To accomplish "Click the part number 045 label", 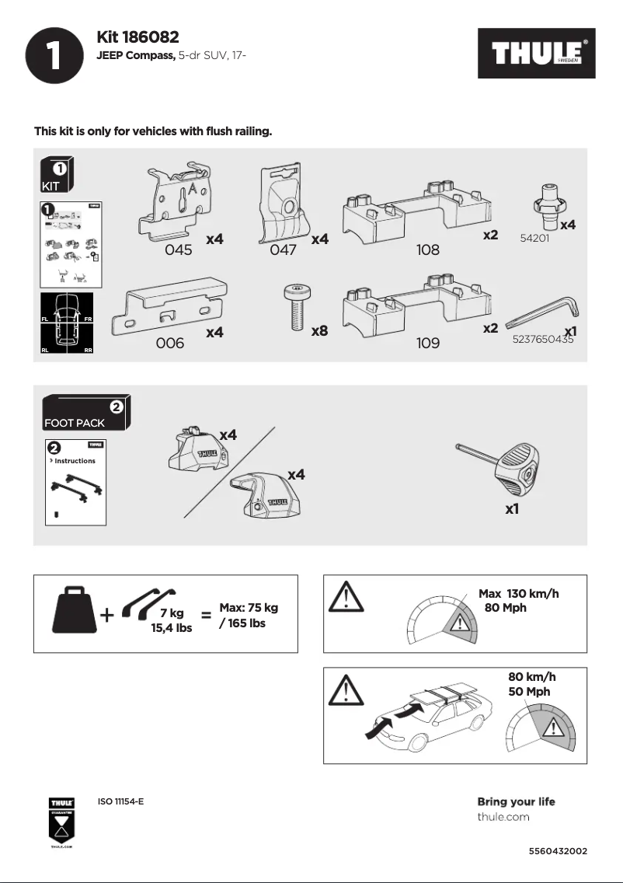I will [179, 250].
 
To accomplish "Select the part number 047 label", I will [284, 250].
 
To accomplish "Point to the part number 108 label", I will [427, 250].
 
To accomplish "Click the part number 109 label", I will [427, 343].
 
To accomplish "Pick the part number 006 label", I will [170, 343].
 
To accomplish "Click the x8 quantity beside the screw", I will [318, 331].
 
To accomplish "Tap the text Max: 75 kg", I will [248, 608].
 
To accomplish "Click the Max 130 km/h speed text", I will [518, 594].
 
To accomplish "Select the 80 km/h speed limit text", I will [531, 676].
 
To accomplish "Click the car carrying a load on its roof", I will [427, 719].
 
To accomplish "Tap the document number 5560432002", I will [557, 851].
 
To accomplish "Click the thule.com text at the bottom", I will [503, 817].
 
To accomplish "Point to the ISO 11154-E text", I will [120, 801].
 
